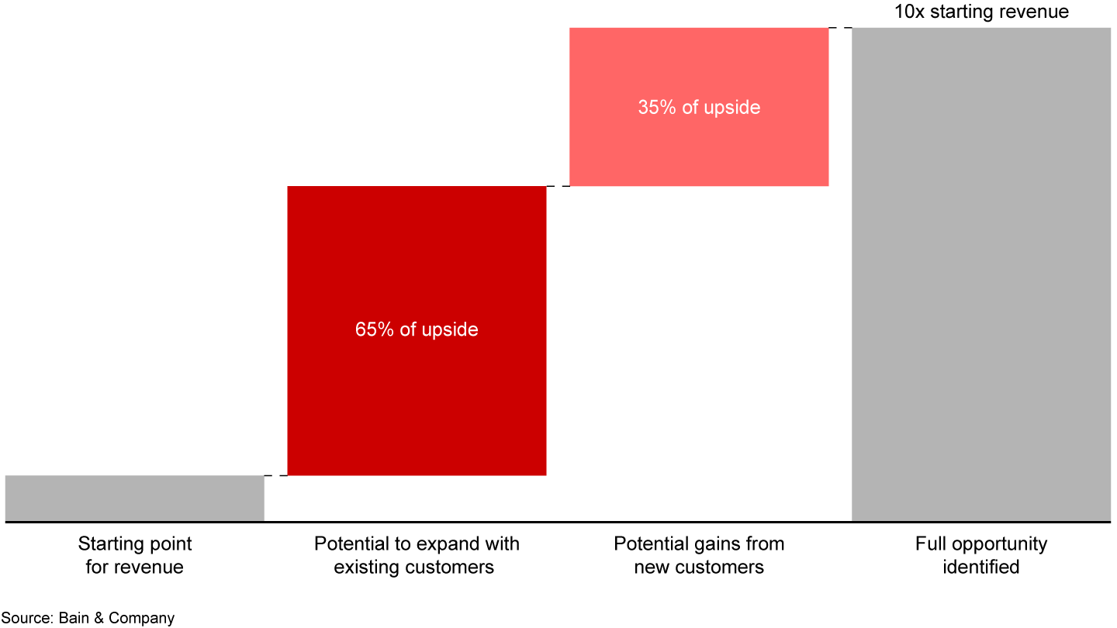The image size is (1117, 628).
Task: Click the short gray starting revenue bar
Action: [x=135, y=499]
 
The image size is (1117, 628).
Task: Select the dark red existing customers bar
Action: [x=417, y=331]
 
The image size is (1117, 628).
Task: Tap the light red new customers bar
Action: [x=699, y=107]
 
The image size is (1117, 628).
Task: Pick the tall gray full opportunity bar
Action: [x=981, y=274]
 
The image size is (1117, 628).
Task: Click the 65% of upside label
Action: [x=417, y=330]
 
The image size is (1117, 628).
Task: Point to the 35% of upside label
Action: [x=699, y=107]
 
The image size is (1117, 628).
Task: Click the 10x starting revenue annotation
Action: [x=981, y=12]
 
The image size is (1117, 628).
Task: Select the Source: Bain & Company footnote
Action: [x=88, y=618]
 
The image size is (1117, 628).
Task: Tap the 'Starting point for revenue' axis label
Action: [x=135, y=555]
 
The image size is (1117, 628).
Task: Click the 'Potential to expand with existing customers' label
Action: [x=417, y=555]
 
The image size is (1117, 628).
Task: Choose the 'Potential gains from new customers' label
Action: [x=699, y=555]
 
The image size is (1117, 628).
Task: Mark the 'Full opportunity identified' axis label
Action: [x=981, y=555]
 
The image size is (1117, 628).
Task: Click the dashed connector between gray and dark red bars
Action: [x=276, y=475]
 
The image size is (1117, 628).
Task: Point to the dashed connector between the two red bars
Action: [x=558, y=186]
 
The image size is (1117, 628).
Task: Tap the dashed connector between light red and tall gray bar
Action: [x=840, y=28]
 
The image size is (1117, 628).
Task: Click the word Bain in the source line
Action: [x=74, y=618]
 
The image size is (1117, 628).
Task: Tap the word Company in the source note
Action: [x=142, y=619]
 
